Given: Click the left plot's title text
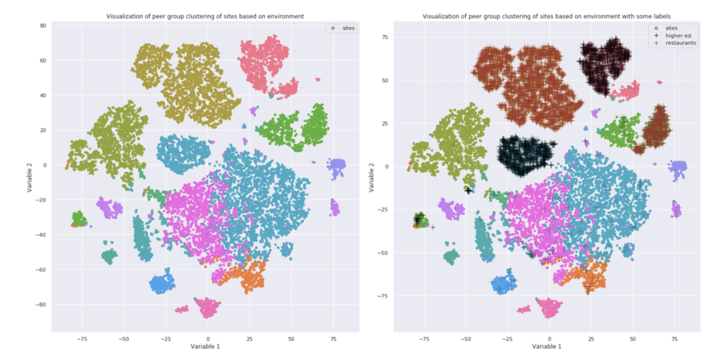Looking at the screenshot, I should click(205, 15).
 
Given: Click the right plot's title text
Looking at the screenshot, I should click(547, 15).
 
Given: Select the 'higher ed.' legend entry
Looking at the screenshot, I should click(672, 35).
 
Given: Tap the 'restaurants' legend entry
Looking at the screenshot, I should click(675, 43).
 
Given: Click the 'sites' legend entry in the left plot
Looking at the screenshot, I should click(344, 28).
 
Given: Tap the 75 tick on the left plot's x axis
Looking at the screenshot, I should click(334, 339).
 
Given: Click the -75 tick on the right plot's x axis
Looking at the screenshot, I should click(424, 339).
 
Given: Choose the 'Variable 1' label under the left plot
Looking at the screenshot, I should click(205, 347).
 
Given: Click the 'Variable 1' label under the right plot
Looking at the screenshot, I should click(547, 347).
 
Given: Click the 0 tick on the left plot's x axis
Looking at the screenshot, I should click(208, 339).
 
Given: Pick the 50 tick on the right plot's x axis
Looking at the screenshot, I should click(633, 339).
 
